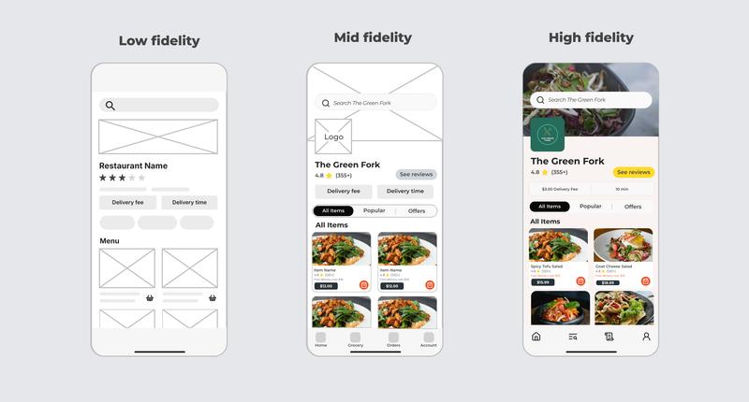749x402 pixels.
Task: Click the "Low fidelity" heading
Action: pos(159,41)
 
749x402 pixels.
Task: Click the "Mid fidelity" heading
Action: pos(373,37)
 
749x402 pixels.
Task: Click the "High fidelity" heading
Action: pos(591,37)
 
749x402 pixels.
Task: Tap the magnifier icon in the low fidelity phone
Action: pos(110,106)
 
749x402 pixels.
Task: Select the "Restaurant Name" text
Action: pos(134,165)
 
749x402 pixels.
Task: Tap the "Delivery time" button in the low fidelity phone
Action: pos(189,202)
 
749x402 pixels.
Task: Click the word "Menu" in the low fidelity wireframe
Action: pos(110,241)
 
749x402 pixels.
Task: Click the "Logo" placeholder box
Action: pos(333,136)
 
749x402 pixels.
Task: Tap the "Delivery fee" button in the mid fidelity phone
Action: pos(343,191)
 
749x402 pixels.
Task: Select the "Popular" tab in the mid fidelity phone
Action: pos(374,211)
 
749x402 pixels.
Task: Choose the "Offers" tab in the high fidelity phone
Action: pos(633,207)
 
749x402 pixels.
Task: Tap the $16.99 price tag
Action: pos(609,282)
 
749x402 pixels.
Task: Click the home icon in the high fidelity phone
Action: pos(536,337)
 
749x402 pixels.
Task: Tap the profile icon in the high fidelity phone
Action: pos(646,337)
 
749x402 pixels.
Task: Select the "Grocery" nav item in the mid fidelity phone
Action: pos(356,339)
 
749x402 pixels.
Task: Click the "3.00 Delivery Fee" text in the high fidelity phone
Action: pos(560,189)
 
